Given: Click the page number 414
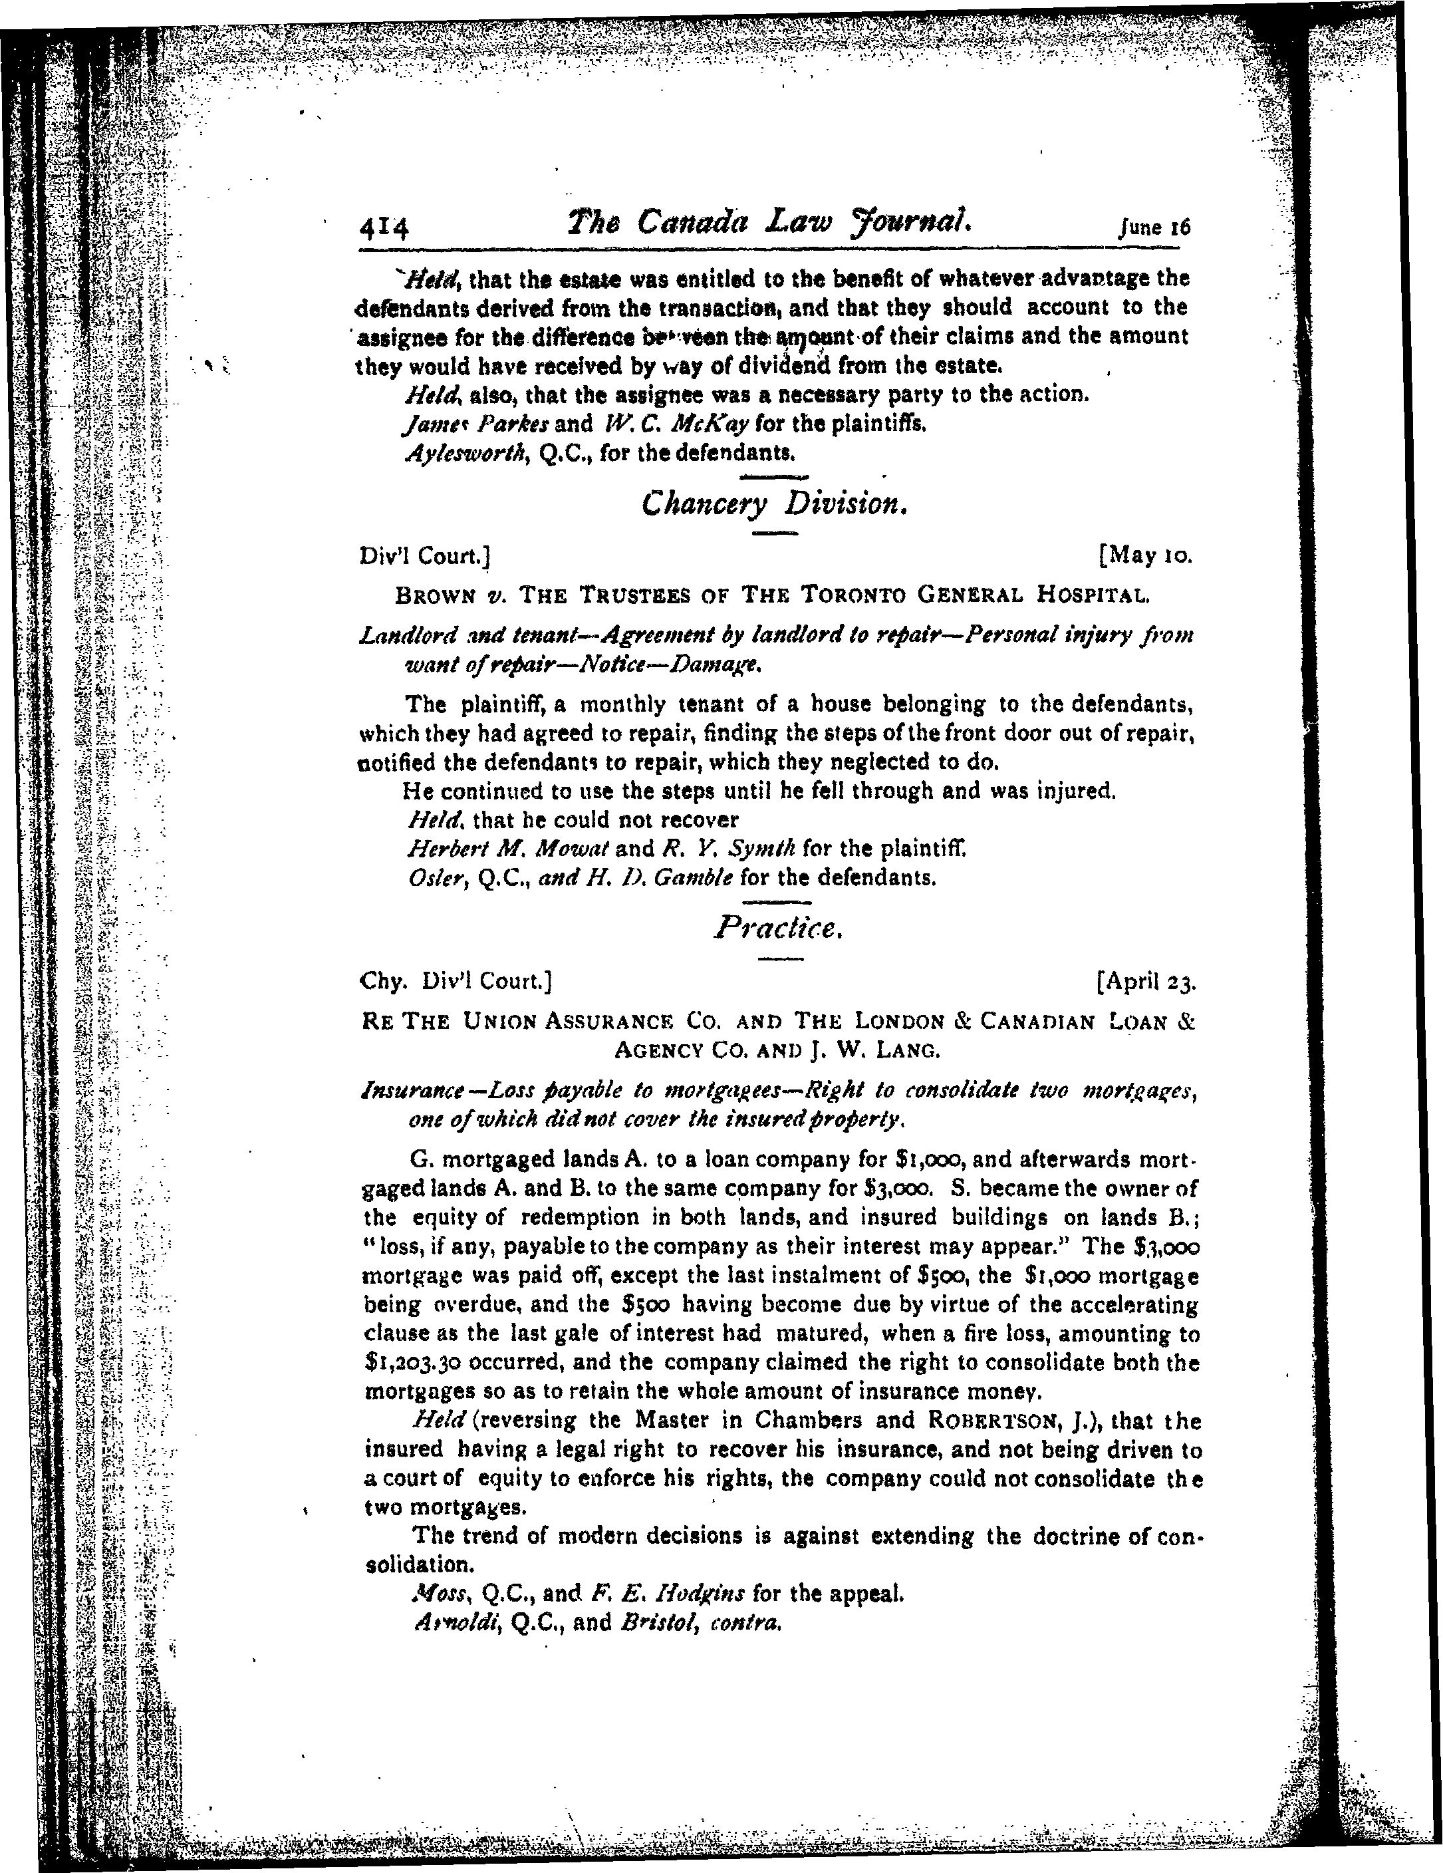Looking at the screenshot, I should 384,229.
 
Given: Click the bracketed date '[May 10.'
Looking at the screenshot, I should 1144,556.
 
